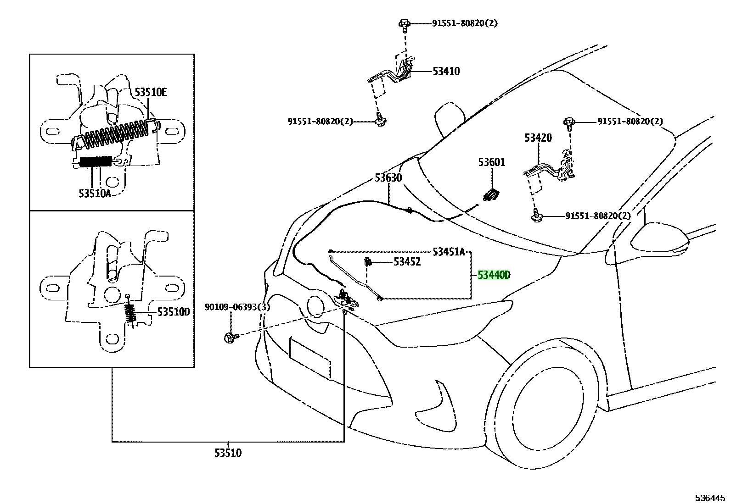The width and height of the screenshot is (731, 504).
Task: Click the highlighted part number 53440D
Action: click(494, 275)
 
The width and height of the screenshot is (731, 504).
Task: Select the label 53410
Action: click(446, 72)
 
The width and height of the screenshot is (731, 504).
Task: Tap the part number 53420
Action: click(538, 138)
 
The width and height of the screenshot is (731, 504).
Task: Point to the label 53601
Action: click(491, 162)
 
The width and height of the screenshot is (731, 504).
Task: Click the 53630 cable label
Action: click(388, 178)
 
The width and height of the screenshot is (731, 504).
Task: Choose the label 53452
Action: click(407, 262)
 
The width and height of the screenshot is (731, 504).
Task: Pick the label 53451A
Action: click(449, 252)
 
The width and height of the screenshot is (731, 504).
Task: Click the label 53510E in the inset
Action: click(151, 93)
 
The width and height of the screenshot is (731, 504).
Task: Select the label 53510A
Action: click(95, 194)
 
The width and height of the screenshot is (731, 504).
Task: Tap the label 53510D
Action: click(173, 312)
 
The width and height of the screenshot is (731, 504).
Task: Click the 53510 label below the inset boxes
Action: click(228, 453)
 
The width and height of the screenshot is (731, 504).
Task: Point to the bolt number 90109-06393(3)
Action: click(237, 307)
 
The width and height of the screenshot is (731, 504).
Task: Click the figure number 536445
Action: click(709, 498)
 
